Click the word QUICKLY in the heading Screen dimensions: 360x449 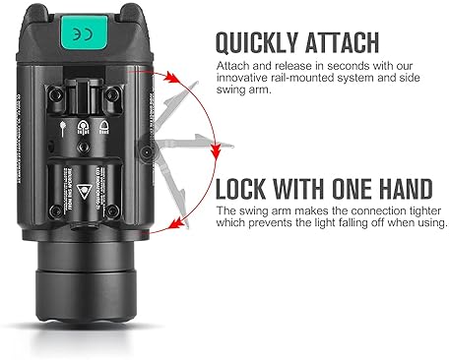[255, 42]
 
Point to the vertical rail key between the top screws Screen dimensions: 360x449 [82, 99]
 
